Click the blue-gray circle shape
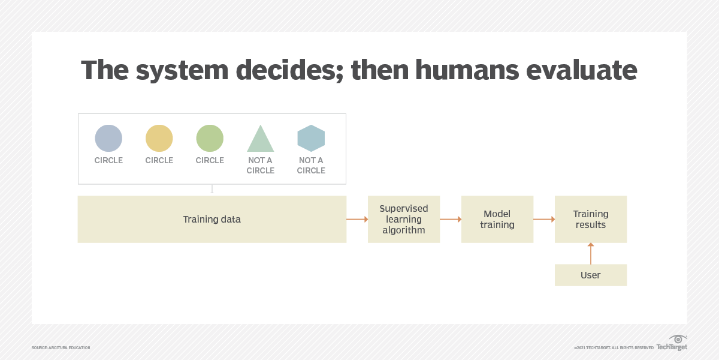108,138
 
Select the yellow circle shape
159,138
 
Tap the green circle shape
210,138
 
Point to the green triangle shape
261,140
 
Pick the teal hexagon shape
311,138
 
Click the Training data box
212,220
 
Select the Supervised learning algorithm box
404,220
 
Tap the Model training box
497,220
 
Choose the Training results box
591,220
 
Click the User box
591,275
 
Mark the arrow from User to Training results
591,253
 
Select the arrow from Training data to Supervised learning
357,220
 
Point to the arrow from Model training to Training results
544,220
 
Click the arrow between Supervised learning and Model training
451,220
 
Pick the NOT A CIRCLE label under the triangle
261,166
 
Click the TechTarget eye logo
678,340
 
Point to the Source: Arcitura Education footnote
61,348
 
